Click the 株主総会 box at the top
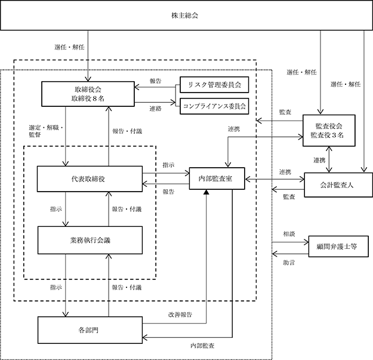(186, 16)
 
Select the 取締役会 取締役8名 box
(88, 94)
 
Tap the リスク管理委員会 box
(214, 85)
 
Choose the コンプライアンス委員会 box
(214, 106)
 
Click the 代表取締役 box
(90, 179)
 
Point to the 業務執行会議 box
(90, 241)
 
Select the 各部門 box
(90, 330)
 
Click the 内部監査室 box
(217, 179)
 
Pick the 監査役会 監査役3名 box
(329, 131)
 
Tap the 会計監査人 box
(338, 185)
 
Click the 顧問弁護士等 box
(338, 247)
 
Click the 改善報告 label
(180, 315)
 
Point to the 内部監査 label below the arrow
(202, 346)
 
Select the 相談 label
(289, 234)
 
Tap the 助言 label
(289, 263)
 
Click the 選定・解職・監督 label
(46, 131)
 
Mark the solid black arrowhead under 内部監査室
(206, 192)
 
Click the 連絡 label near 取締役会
(156, 109)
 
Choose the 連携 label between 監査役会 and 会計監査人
(319, 161)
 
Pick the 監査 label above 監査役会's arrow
(285, 112)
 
